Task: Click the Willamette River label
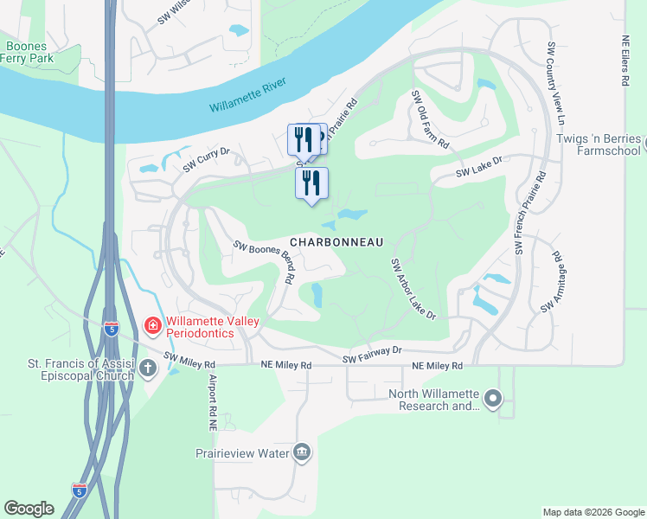pyautogui.click(x=251, y=96)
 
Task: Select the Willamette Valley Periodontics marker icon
pyautogui.click(x=152, y=325)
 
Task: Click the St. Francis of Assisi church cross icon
pyautogui.click(x=148, y=368)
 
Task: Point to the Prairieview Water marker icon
pyautogui.click(x=302, y=452)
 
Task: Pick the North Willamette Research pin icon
pyautogui.click(x=493, y=399)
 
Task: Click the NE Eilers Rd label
pyautogui.click(x=625, y=61)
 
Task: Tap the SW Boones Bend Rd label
pyautogui.click(x=265, y=261)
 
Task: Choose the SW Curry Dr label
pyautogui.click(x=205, y=157)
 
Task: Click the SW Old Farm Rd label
pyautogui.click(x=430, y=119)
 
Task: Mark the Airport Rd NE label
pyautogui.click(x=210, y=402)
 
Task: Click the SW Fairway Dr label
pyautogui.click(x=372, y=354)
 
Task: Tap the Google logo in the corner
pyautogui.click(x=29, y=508)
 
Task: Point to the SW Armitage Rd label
pyautogui.click(x=551, y=283)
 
